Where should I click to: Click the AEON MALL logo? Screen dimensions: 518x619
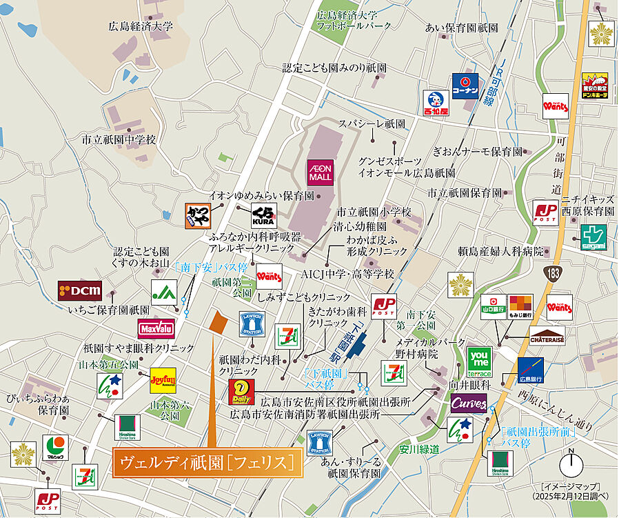(x=320, y=172)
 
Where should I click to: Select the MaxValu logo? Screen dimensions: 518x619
(x=156, y=328)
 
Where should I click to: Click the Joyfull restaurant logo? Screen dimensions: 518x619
(x=163, y=380)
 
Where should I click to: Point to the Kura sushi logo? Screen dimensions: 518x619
(x=264, y=215)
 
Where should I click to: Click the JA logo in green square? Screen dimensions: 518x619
(x=164, y=292)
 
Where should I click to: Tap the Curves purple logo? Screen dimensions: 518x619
(x=469, y=404)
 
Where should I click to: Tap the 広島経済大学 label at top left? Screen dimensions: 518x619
(x=141, y=27)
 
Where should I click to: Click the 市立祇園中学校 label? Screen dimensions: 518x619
(x=119, y=139)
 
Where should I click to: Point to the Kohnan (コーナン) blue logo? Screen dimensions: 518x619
(x=465, y=86)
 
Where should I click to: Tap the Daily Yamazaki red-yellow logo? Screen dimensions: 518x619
(x=242, y=391)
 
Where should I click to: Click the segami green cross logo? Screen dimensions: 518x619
(x=593, y=237)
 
